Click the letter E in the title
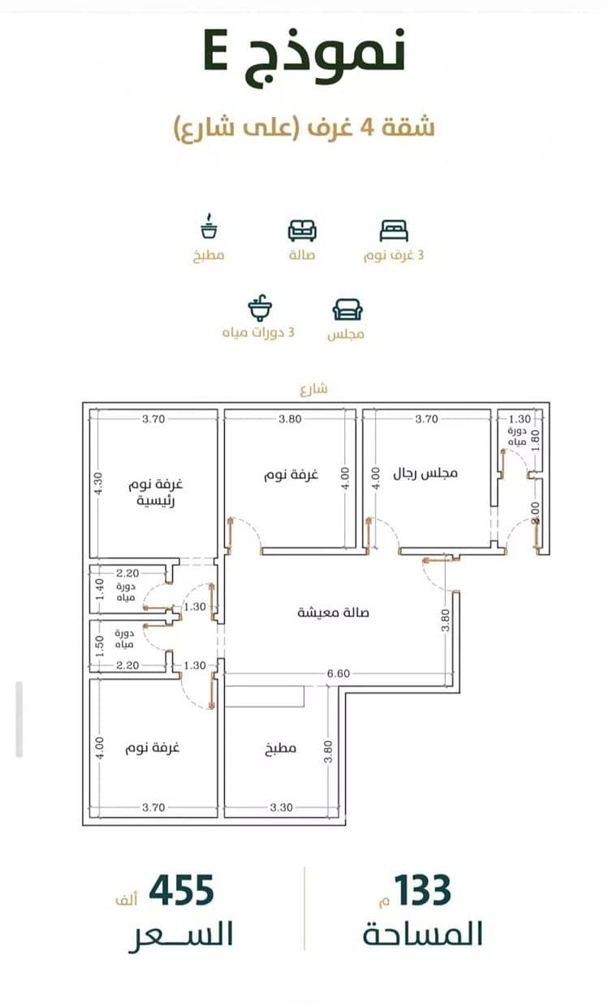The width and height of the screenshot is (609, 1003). click(x=216, y=50)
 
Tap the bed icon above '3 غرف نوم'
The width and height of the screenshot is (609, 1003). click(x=394, y=231)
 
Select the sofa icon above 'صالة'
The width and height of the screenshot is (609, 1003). click(x=302, y=231)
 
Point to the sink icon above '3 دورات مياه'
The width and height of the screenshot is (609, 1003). click(x=260, y=308)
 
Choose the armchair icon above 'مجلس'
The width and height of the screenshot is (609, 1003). click(x=348, y=309)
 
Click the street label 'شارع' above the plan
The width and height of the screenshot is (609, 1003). click(x=313, y=389)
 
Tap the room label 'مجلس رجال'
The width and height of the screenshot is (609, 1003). click(x=425, y=473)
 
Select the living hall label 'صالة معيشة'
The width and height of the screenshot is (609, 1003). click(x=333, y=612)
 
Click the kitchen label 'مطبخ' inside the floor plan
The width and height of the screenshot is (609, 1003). click(x=280, y=748)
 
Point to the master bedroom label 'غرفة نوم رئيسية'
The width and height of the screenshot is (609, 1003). click(x=155, y=492)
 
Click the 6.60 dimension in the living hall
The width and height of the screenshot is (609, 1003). click(x=339, y=673)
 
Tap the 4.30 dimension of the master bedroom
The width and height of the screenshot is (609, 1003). click(x=99, y=483)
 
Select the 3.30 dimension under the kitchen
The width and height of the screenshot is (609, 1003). click(x=281, y=807)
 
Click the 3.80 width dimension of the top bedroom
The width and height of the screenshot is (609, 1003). click(x=290, y=419)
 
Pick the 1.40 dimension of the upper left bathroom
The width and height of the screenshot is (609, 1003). click(x=99, y=589)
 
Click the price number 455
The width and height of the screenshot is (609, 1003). click(x=181, y=890)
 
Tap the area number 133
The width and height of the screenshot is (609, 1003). click(x=422, y=890)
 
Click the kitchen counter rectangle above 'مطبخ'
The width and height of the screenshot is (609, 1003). click(x=265, y=696)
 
